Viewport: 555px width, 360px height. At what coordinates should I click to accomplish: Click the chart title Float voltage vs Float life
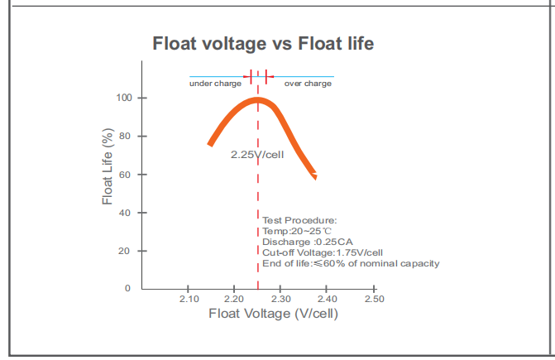coord(263,44)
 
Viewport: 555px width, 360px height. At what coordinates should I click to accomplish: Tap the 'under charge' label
coord(215,84)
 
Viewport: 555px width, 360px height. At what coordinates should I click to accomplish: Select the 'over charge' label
coord(308,84)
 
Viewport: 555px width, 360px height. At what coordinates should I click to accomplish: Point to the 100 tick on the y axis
coord(124,98)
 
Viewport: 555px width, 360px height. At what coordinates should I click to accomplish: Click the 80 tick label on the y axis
coord(127,136)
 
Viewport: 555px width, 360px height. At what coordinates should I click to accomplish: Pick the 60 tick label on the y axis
coord(127,175)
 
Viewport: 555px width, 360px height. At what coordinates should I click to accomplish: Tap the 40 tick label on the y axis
coord(127,213)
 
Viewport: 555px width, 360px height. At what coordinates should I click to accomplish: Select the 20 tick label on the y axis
coord(127,250)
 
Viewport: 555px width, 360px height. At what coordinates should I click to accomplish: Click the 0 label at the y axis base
coord(127,288)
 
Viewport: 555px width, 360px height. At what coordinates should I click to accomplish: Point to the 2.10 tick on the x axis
coord(189,299)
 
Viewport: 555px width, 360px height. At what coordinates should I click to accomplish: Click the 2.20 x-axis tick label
coord(235,299)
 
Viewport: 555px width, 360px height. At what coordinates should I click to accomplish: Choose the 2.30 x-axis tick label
coord(282,299)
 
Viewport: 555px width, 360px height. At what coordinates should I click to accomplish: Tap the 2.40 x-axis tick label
coord(328,299)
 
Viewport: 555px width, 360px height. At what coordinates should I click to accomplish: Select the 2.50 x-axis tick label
coord(375,299)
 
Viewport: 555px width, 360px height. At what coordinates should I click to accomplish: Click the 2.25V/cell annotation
coord(257,155)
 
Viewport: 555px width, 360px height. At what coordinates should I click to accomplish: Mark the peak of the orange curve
coord(258,101)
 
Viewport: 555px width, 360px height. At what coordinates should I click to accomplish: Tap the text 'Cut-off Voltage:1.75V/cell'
coord(323,252)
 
